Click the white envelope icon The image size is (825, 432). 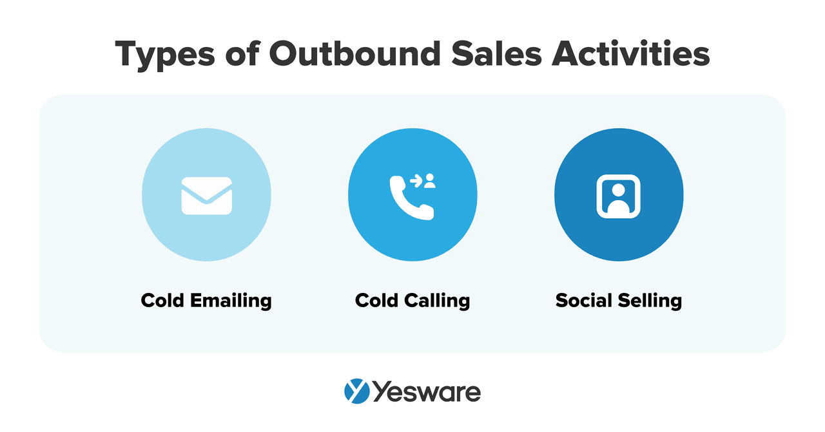[206, 196]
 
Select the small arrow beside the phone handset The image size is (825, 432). [416, 182]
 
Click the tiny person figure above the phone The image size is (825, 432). [430, 181]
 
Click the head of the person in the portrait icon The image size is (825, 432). [618, 190]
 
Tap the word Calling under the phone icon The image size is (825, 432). [437, 301]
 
